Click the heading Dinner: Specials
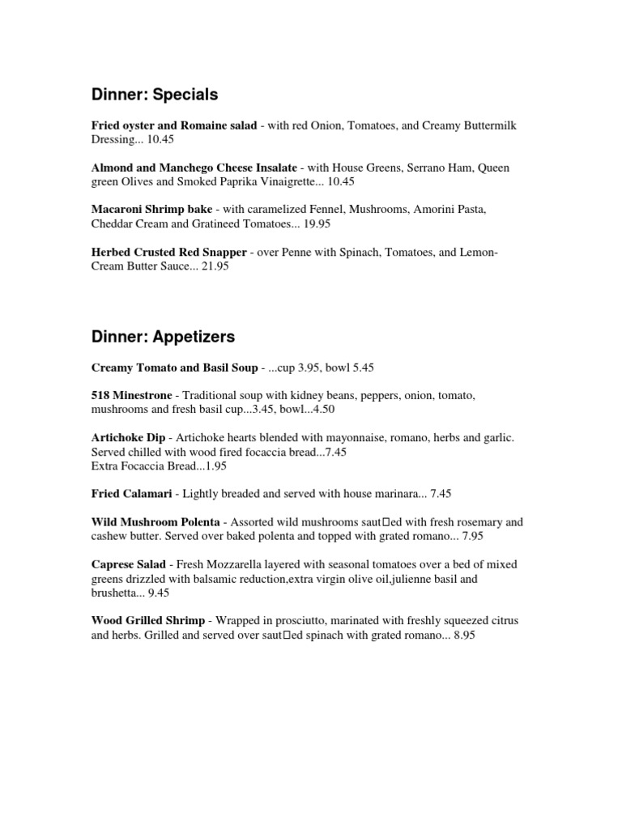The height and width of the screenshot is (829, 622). (x=155, y=95)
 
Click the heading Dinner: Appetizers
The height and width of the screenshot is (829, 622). (x=163, y=335)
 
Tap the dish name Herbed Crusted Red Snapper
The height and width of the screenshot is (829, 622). (x=168, y=253)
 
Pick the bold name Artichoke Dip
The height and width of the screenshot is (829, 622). (x=129, y=438)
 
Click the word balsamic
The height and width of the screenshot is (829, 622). (x=211, y=578)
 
